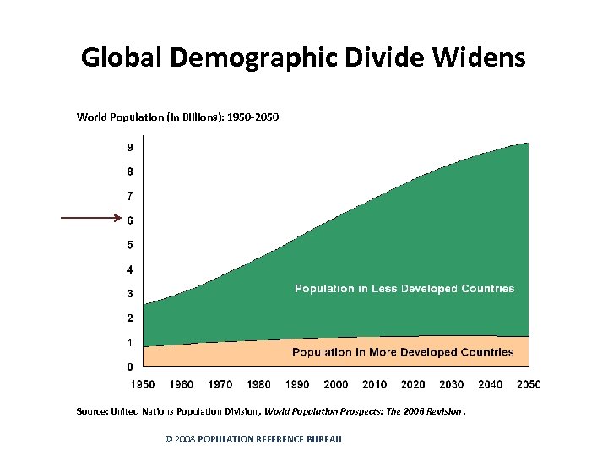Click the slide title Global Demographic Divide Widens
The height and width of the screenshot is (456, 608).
303,57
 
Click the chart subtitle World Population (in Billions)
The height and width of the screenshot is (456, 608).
177,117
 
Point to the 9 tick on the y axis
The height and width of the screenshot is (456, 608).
129,148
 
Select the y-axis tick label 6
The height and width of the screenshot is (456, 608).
129,221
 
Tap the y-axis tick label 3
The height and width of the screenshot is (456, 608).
129,294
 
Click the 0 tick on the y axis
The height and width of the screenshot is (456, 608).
129,367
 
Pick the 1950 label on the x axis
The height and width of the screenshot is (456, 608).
143,384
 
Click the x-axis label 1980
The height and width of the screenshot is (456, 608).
258,384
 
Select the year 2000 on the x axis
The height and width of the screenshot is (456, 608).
336,384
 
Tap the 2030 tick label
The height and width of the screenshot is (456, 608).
452,384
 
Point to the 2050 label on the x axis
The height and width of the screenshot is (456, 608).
529,384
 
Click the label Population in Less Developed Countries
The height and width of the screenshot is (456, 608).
404,289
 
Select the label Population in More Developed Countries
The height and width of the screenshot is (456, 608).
403,352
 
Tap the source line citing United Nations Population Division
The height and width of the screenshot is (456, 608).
270,411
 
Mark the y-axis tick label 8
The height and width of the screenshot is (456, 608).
129,172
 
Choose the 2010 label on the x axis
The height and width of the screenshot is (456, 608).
374,384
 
